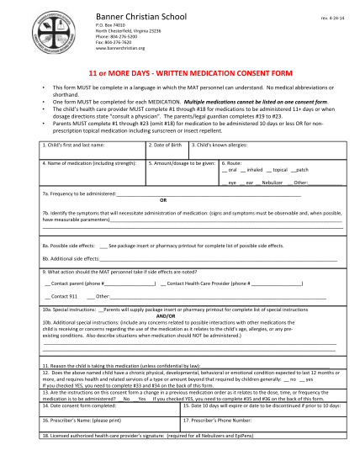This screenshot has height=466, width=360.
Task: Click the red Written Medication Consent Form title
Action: pyautogui.click(x=179, y=73)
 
